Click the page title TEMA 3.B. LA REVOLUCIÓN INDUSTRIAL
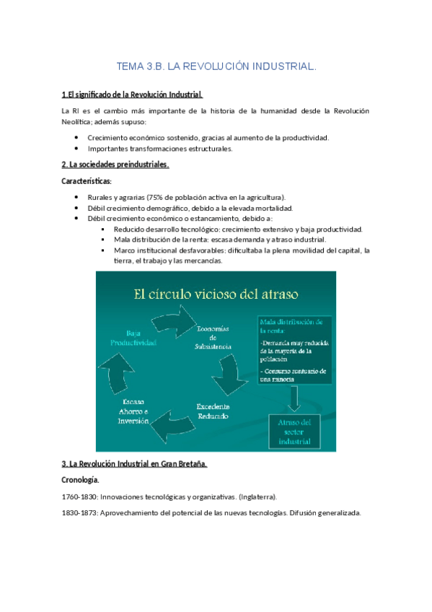click(216, 67)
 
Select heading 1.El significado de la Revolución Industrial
click(132, 95)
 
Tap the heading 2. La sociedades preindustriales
click(115, 165)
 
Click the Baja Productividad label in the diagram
click(132, 338)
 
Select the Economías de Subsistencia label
click(213, 337)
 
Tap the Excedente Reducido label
click(213, 411)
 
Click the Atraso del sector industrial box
click(296, 431)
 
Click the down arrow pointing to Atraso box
click(295, 398)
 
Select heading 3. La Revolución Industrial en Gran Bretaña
click(135, 464)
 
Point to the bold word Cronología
click(81, 480)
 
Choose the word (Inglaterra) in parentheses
click(255, 497)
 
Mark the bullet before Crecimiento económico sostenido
click(77, 137)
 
